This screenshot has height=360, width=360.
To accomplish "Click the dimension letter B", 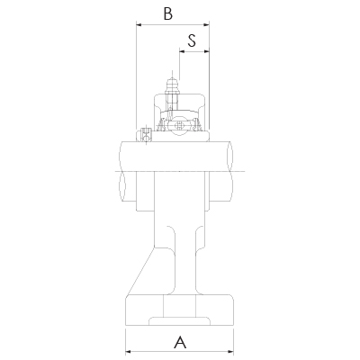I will coord(166,13).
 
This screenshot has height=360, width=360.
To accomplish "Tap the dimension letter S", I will coord(193,40).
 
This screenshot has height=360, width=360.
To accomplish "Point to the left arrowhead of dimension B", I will coord(139,25).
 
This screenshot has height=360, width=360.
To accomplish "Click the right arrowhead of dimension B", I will coord(206,25).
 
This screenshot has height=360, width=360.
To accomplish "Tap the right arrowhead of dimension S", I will coord(206,51).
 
